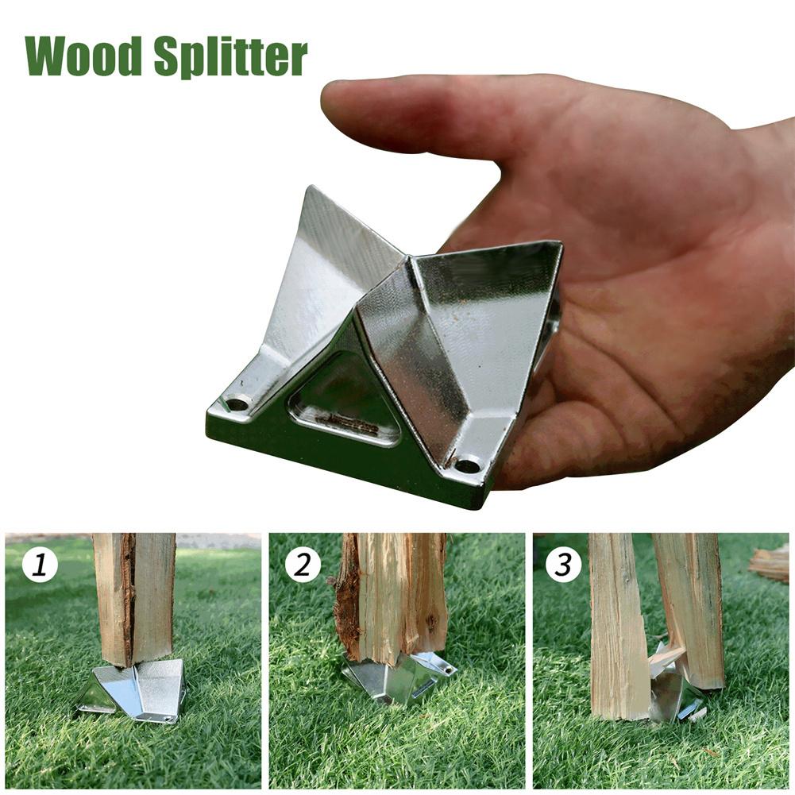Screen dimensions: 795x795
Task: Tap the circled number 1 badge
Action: tap(40, 565)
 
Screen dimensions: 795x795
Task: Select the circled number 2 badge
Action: tap(302, 565)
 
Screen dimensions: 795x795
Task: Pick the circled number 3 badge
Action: tap(563, 565)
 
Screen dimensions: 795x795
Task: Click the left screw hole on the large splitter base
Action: tap(237, 404)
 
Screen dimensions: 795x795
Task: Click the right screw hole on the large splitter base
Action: tap(468, 464)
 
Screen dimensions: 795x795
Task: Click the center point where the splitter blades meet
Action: tap(410, 260)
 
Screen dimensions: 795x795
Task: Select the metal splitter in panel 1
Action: tap(133, 689)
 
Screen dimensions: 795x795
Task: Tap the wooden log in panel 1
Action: tap(134, 598)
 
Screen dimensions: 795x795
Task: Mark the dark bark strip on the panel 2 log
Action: tap(349, 604)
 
